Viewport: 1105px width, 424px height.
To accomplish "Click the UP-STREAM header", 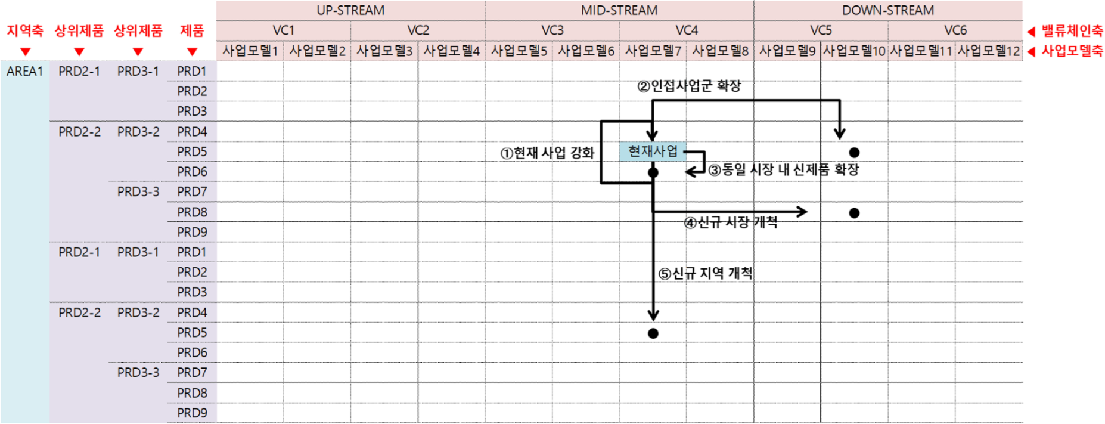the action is [x=350, y=10].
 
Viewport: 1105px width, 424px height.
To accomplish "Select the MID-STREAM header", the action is [x=619, y=10].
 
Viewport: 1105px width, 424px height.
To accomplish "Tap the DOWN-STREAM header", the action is [x=887, y=10].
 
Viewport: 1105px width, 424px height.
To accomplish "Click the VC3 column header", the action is [x=552, y=30].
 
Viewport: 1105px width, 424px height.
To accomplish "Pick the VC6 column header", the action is [x=955, y=30].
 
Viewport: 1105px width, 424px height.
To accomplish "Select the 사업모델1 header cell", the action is [x=250, y=51].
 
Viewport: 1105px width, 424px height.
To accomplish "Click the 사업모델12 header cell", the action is [x=988, y=51].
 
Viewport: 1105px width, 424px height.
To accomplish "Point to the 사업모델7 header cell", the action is [x=653, y=51].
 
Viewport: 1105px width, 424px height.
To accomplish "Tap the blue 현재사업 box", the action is [x=653, y=151].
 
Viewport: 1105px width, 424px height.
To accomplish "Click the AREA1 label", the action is [x=24, y=72].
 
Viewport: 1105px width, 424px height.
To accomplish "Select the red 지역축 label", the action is [x=24, y=30].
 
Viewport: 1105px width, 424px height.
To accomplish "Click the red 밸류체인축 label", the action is [x=1072, y=31].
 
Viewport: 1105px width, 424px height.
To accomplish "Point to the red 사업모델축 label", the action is [x=1072, y=51].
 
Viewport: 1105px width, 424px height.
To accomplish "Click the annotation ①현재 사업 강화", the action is [x=547, y=153].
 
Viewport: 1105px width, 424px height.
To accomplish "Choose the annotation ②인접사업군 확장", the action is [x=688, y=86].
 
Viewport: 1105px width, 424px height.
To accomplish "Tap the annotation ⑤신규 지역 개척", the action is [x=705, y=273].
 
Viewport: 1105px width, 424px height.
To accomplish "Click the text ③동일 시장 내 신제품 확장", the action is [x=783, y=170].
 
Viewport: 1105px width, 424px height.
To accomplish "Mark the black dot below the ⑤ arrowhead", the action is [x=653, y=333].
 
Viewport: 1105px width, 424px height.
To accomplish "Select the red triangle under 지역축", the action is [x=25, y=52].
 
